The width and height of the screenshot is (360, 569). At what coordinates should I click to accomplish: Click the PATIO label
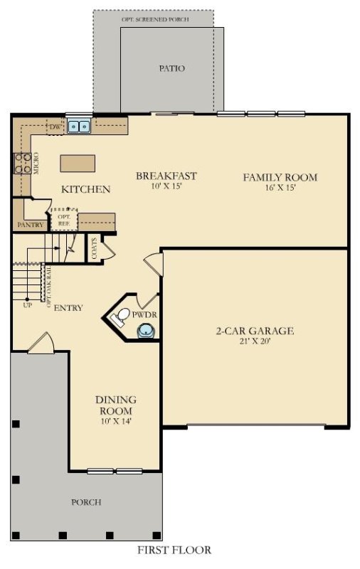(171, 69)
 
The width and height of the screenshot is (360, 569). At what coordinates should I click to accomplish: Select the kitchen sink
(79, 127)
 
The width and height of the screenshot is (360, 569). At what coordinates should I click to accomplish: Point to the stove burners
(20, 164)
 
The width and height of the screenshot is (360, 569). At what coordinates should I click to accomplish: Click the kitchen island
(78, 163)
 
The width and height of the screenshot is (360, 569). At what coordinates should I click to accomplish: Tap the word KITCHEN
(85, 189)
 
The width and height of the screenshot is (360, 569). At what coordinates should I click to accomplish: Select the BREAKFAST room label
(166, 176)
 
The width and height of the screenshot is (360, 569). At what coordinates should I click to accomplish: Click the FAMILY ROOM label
(280, 177)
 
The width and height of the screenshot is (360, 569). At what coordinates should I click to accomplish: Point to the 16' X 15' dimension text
(280, 188)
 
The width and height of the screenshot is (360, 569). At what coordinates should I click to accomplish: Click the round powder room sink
(146, 330)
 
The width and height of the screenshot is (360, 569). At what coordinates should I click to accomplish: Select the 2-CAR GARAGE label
(255, 331)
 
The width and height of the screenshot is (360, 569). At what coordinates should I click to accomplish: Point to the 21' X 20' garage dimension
(255, 341)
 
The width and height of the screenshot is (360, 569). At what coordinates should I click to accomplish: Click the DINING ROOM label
(115, 405)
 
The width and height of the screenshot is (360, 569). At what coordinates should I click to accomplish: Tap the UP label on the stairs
(27, 304)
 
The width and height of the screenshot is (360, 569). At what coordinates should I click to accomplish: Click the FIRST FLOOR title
(174, 550)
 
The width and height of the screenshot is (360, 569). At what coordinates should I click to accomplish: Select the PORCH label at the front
(86, 502)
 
